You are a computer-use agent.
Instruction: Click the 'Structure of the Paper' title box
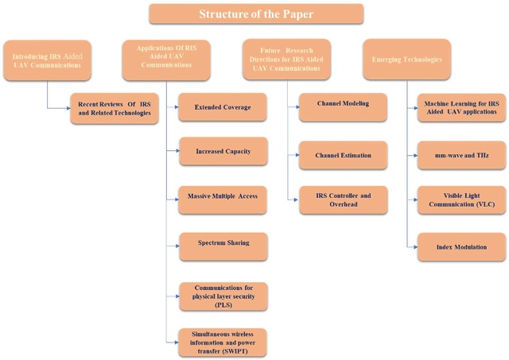coord(255,14)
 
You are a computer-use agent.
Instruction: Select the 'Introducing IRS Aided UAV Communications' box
coord(46,60)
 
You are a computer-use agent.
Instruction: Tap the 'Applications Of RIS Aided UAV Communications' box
coord(166,60)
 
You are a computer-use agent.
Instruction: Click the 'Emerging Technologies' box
coord(406,60)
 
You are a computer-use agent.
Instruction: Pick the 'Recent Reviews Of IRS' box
coord(114,110)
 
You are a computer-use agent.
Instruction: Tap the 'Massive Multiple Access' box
coord(222,195)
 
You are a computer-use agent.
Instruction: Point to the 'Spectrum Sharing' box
coord(222,243)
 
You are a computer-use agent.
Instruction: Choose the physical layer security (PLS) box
coord(222,295)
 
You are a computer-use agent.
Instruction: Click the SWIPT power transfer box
coord(222,342)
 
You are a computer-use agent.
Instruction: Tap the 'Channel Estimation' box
coord(343,155)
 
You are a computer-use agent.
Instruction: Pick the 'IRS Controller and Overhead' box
coord(343,199)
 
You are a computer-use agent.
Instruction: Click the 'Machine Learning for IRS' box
coord(461,107)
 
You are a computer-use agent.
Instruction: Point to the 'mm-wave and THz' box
coord(461,155)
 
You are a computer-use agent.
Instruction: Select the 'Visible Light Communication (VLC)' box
coord(461,199)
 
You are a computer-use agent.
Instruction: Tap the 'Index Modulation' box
coord(461,247)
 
